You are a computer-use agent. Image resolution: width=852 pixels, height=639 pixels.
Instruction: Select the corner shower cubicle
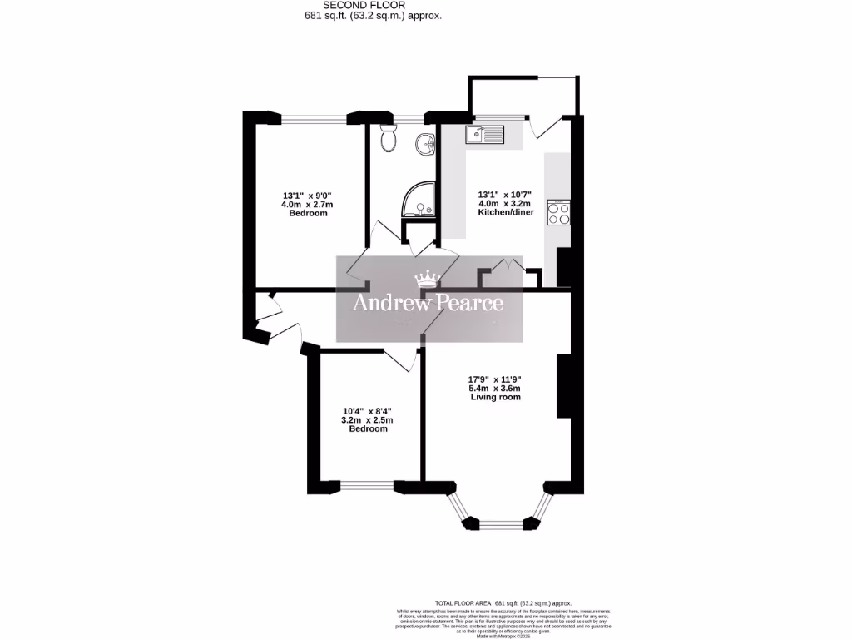click(x=419, y=200)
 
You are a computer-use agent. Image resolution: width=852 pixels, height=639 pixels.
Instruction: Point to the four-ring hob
click(x=557, y=214)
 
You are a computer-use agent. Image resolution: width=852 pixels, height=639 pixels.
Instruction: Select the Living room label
click(x=494, y=398)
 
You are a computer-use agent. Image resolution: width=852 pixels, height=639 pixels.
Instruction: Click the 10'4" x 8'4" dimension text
click(x=367, y=411)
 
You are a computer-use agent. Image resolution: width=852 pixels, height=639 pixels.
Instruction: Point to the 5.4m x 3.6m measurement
click(x=494, y=388)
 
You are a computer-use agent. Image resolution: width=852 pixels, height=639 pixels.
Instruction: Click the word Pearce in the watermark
click(x=466, y=302)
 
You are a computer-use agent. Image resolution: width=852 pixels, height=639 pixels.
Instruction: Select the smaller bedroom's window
click(x=367, y=484)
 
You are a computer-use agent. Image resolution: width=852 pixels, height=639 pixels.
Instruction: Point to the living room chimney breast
click(x=563, y=385)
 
